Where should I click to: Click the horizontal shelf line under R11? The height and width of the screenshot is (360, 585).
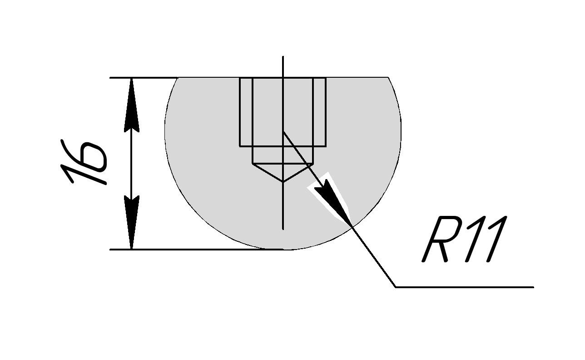463,287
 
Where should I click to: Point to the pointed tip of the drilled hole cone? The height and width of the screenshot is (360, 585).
283,181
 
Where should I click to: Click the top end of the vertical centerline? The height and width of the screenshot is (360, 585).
283,57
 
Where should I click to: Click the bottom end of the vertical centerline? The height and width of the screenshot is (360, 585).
283,229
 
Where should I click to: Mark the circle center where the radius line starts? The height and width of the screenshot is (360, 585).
283,131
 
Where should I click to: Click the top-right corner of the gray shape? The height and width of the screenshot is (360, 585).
388,78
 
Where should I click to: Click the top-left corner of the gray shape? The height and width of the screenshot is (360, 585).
178,78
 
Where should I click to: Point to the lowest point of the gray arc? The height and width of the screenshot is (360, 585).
283,249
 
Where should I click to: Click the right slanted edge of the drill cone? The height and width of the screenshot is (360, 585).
298,172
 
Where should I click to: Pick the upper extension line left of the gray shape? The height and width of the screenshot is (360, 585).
143,78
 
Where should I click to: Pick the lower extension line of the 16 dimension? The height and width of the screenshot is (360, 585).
191,249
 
